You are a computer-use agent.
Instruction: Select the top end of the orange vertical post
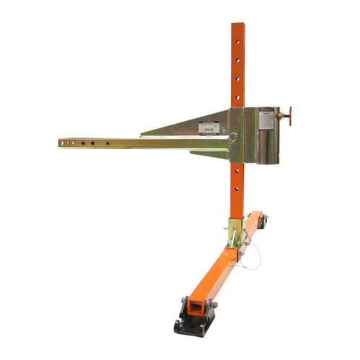(237, 25)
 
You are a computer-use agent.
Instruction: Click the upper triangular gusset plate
(194, 126)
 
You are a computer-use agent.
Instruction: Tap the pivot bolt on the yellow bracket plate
(233, 135)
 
